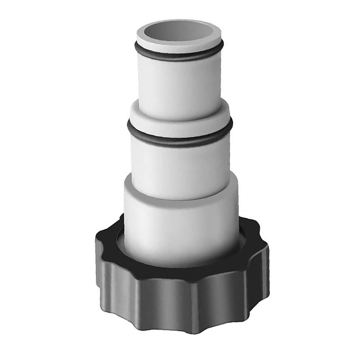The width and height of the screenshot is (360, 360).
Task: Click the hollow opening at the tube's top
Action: click(x=180, y=32)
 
